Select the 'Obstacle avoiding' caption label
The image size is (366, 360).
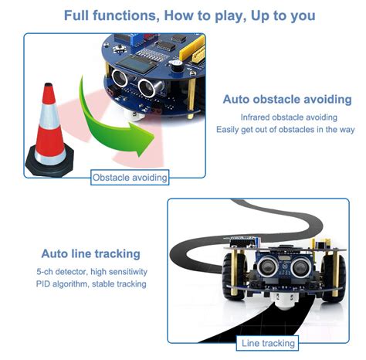click(129, 178)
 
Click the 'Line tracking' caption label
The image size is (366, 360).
click(268, 343)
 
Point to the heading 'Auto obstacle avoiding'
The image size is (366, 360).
click(287, 100)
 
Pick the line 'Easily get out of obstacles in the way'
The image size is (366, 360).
click(287, 129)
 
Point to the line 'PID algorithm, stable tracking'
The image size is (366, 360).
click(90, 284)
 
